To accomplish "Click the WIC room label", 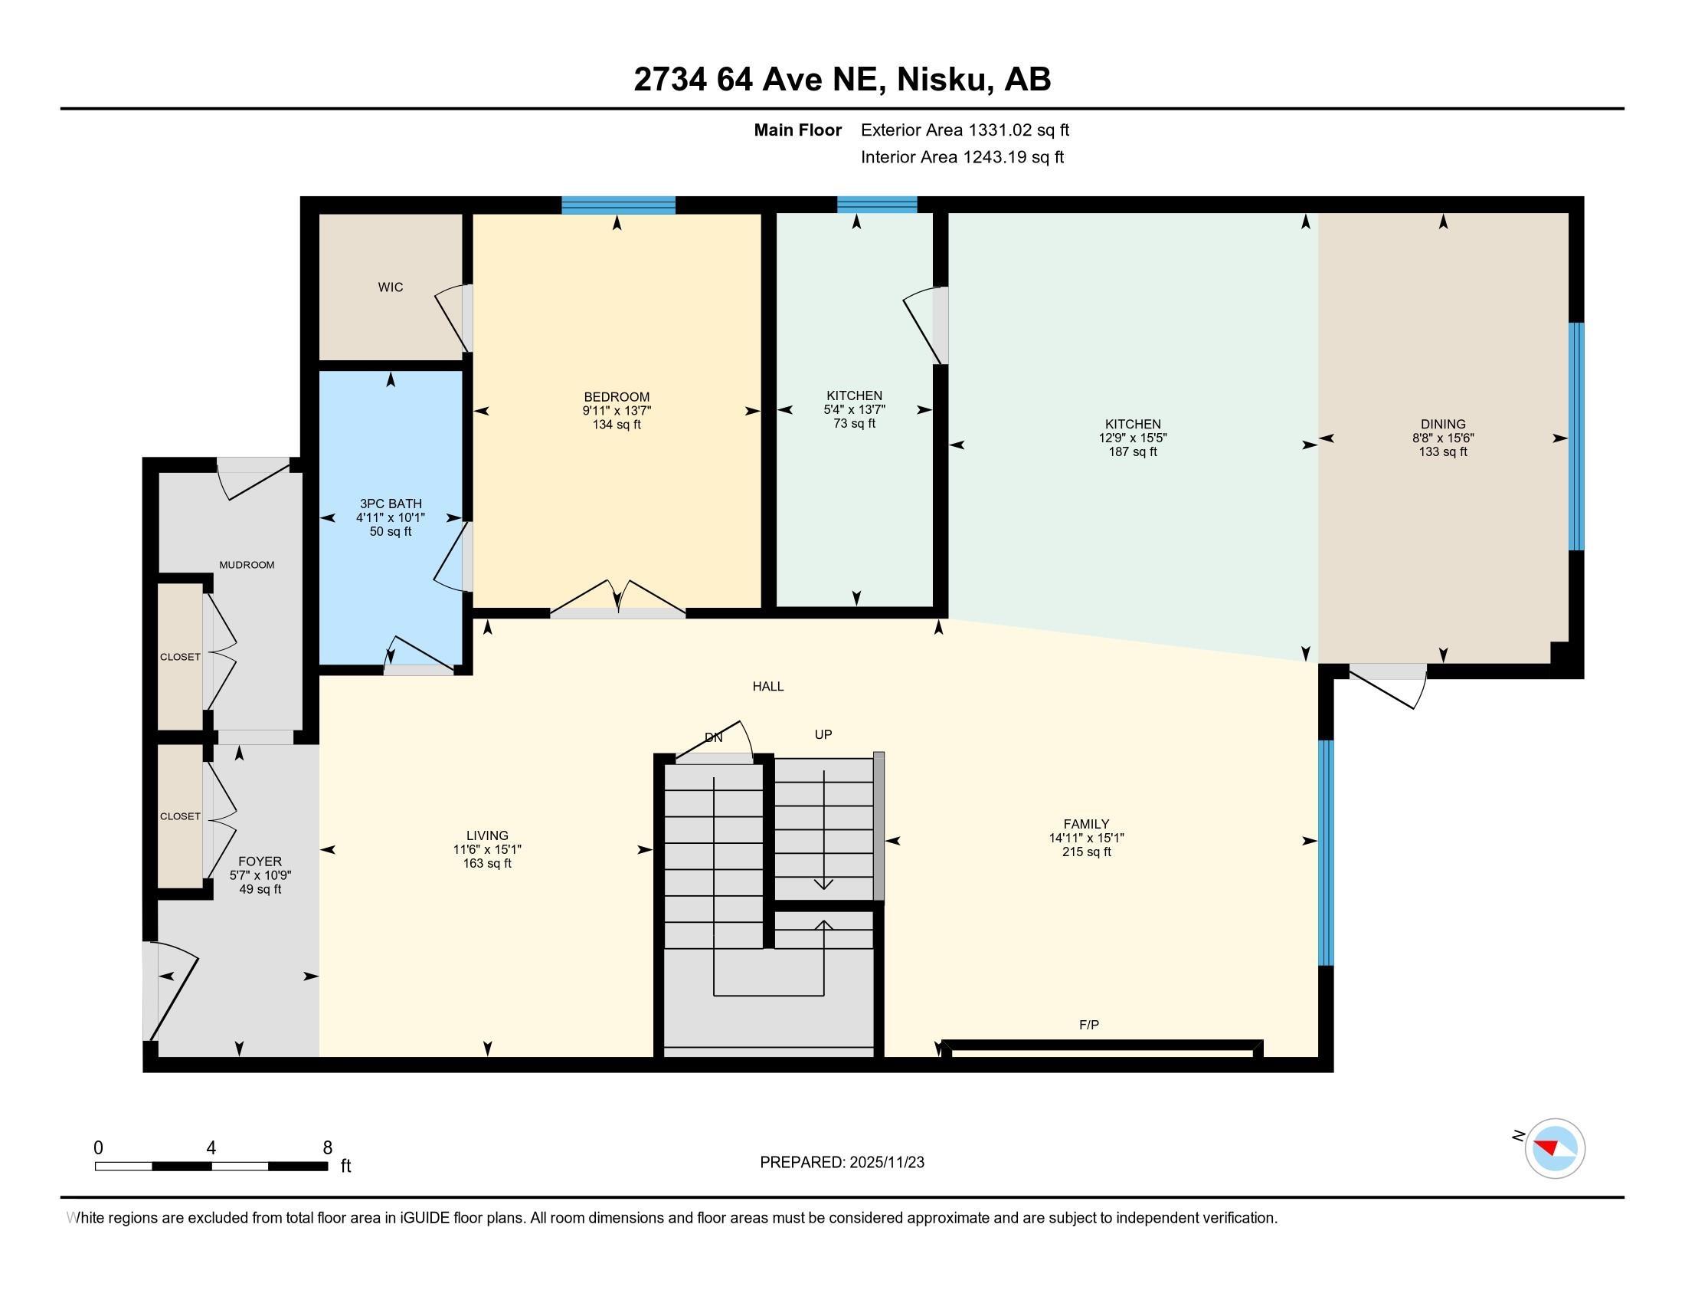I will click(x=391, y=287).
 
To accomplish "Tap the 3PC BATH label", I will click(x=391, y=504).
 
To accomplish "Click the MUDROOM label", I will click(x=247, y=565).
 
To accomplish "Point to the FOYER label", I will click(x=260, y=862).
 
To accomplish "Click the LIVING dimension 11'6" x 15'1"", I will click(x=488, y=850).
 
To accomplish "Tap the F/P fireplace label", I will click(x=1088, y=1025).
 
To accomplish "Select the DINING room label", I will click(x=1443, y=424).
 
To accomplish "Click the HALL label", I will click(x=768, y=686).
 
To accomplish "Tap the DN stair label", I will click(x=714, y=738).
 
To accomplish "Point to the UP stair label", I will click(x=823, y=735).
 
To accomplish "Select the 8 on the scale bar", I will click(x=328, y=1148).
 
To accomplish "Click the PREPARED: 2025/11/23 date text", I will click(x=842, y=1163).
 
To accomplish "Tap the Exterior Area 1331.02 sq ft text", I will click(x=964, y=130).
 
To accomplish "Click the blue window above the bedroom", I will click(x=618, y=205).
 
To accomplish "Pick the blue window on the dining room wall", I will click(x=1576, y=436).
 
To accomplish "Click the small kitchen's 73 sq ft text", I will click(x=854, y=424).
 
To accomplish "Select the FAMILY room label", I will click(x=1086, y=825).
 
